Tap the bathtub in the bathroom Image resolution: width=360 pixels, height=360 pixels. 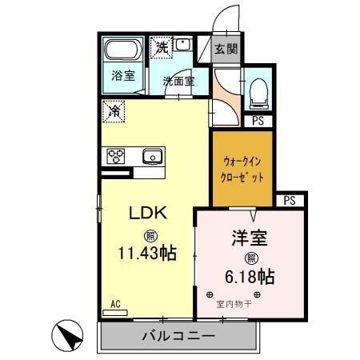coord(123,53)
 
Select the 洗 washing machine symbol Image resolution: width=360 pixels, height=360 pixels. coord(162,47)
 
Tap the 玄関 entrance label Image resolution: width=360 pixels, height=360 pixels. coord(226,50)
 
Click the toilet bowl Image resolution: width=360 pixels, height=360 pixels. coord(258,90)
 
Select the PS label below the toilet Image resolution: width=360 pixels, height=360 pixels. coord(258,121)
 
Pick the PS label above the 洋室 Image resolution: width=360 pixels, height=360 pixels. coord(289,199)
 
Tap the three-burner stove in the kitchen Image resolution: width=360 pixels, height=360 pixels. coord(114,155)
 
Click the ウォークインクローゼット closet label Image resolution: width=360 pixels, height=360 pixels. coord(243,168)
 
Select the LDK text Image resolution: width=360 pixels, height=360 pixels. coord(149,214)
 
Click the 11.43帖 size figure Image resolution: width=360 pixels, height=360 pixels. coord(149,254)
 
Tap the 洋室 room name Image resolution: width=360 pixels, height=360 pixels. coord(250,238)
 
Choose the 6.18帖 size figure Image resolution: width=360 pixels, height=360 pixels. coord(250,277)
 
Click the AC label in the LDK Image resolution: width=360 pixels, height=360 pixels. coord(114,303)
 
